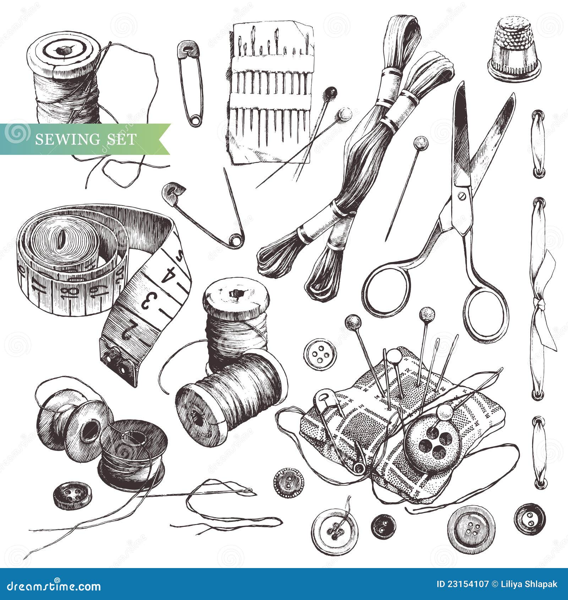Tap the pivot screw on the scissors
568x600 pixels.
click(462, 196)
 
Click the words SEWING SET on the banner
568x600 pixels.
click(85, 139)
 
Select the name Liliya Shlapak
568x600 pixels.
click(529, 584)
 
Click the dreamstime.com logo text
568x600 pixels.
click(53, 586)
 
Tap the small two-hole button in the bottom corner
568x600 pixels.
click(529, 519)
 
